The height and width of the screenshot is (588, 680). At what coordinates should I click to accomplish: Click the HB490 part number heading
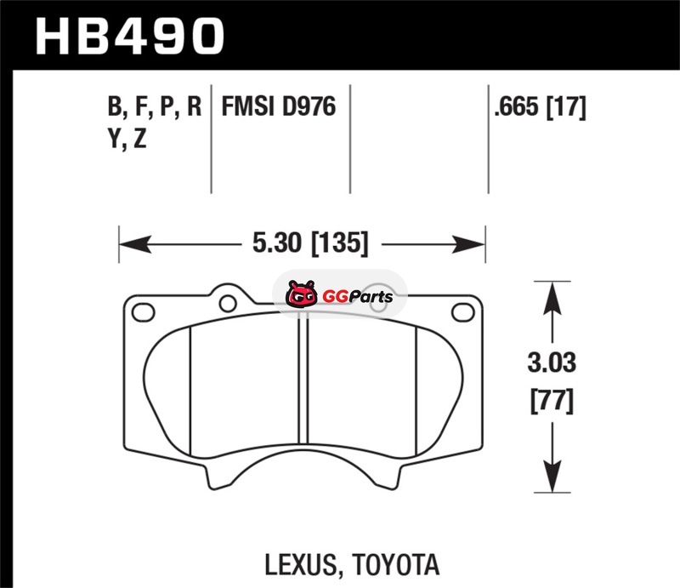pos(129,36)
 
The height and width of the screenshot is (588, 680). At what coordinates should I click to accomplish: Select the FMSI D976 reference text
pos(279,106)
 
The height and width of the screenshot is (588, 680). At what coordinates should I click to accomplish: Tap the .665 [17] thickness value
pos(540,107)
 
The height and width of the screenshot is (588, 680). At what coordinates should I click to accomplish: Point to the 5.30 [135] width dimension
pos(310,243)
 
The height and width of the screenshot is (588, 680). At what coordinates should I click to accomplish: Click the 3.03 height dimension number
pos(552,363)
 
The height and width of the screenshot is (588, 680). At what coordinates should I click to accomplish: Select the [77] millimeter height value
pos(552,402)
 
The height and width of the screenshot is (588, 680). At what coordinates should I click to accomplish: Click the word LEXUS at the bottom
pos(301,565)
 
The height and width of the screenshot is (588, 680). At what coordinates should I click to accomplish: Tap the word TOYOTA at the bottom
pos(396,564)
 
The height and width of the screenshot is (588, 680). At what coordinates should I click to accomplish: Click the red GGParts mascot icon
pos(302,294)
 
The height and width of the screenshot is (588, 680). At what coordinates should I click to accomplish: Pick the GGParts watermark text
pos(357,297)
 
